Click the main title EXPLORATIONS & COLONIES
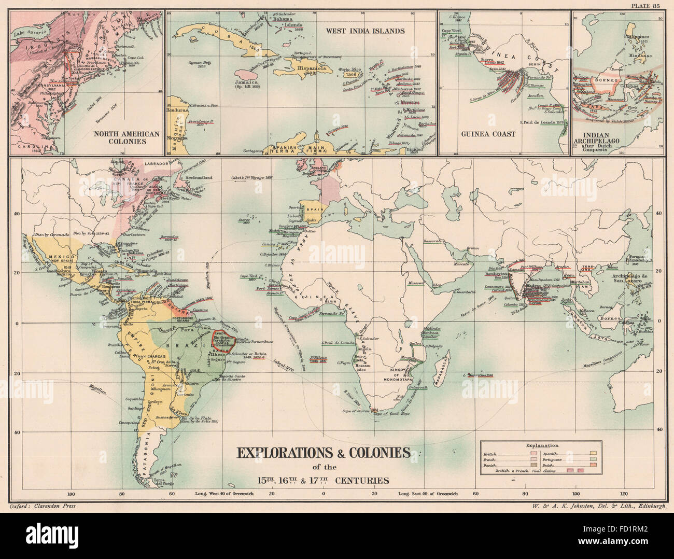click(324, 452)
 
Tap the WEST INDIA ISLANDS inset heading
click(365, 31)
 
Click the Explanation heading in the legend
click(541, 445)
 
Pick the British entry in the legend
click(489, 454)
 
